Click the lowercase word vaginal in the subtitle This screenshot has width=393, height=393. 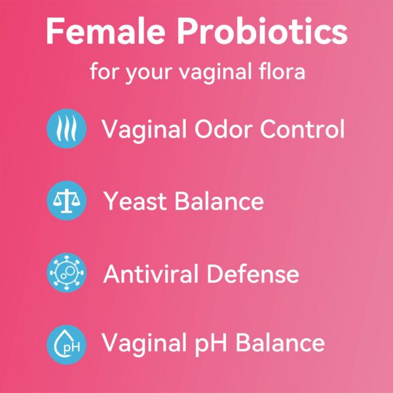pyautogui.click(x=214, y=71)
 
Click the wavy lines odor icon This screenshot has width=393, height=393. pyautogui.click(x=67, y=128)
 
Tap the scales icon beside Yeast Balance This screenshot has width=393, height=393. pyautogui.click(x=67, y=200)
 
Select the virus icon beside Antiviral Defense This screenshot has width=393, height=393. pyautogui.click(x=67, y=272)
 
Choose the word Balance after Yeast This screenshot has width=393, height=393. pyautogui.click(x=221, y=201)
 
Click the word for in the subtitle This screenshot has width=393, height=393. pyautogui.click(x=105, y=70)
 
